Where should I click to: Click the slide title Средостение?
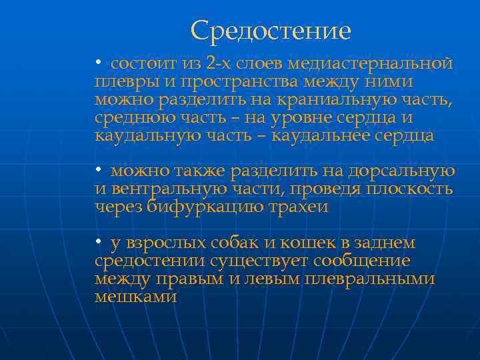(270, 31)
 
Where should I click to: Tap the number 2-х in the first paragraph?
(219, 64)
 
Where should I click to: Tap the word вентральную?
(159, 189)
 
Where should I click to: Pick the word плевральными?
(369, 279)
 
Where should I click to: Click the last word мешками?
(136, 297)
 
